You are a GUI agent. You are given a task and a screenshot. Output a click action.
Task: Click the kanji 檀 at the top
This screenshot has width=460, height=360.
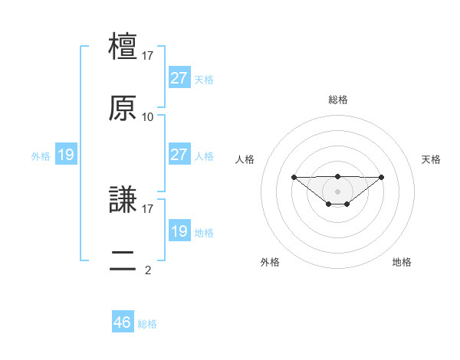coord(123,47)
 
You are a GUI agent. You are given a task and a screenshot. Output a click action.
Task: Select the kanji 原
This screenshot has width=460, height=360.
coord(123,108)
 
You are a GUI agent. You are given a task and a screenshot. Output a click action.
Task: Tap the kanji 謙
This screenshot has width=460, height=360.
coord(123,200)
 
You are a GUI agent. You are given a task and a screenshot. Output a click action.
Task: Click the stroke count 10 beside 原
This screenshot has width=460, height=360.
coord(148,117)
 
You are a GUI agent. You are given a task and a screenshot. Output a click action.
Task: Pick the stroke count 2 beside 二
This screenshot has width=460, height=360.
coord(148,270)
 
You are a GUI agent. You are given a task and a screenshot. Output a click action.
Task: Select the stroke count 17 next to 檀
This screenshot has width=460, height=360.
coord(148,56)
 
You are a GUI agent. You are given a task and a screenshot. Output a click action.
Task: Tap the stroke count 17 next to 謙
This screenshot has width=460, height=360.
coord(148,208)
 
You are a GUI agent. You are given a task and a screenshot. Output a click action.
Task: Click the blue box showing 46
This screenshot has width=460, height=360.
coord(123,322)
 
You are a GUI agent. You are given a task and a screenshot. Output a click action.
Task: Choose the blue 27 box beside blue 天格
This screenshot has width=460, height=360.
coord(179,78)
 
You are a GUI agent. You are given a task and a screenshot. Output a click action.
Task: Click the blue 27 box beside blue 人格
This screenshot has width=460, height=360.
coord(179,155)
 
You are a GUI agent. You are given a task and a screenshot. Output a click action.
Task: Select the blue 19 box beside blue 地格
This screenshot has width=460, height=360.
coord(179,231)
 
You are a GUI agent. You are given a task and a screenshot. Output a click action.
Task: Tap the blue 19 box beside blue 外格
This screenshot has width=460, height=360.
coord(66,155)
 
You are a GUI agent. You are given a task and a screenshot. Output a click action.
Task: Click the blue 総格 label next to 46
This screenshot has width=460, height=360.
coord(147,324)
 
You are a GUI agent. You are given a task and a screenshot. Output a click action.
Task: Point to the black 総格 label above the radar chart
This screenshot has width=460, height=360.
coord(338,100)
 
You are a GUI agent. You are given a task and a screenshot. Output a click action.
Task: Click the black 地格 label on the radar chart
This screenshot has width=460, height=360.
coord(402,262)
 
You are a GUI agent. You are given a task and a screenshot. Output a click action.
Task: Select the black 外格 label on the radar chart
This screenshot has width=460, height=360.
coord(270,262)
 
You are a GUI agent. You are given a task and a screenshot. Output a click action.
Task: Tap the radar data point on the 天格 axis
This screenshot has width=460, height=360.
coord(382,177)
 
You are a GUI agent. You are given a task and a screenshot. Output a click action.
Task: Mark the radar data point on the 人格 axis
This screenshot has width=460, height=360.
coord(294,177)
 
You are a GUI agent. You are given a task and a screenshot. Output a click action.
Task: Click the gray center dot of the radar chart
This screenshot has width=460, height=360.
coord(338,191)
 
